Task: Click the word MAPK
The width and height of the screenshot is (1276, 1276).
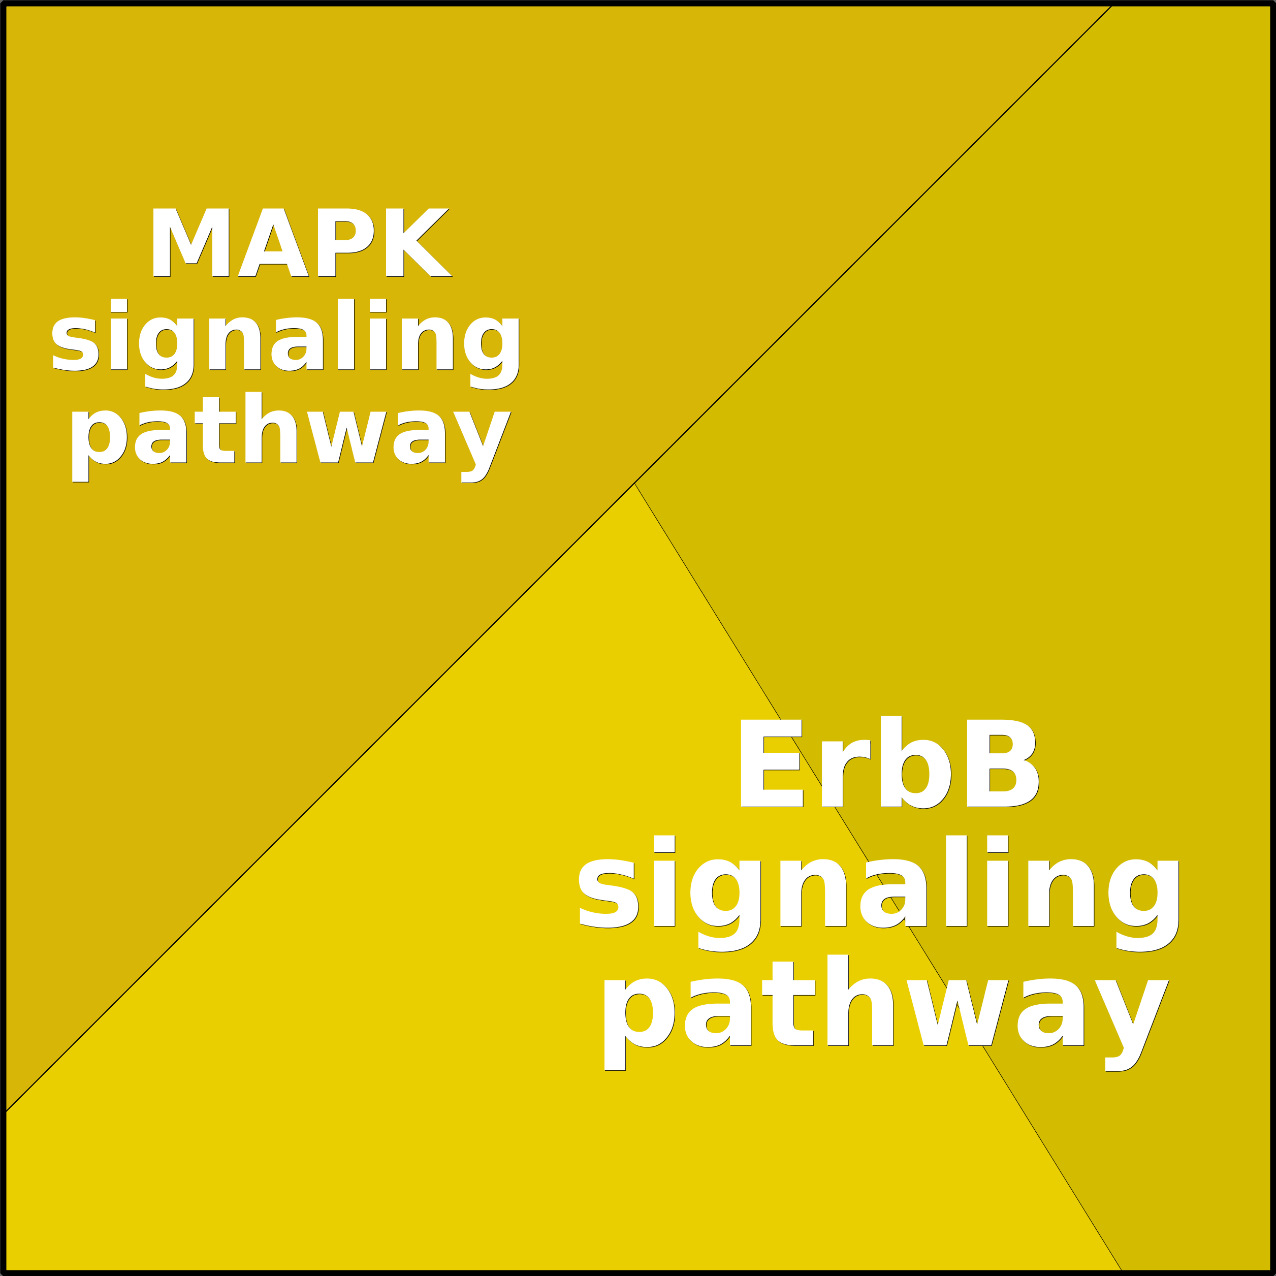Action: point(301,242)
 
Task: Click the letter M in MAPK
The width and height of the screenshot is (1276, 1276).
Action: point(191,242)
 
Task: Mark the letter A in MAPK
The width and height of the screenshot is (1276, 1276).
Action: point(273,242)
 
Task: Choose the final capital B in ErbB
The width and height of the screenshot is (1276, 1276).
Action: point(1001,763)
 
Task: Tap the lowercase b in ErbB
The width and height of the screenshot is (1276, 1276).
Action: point(915,763)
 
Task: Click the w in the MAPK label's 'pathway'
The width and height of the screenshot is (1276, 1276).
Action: point(347,437)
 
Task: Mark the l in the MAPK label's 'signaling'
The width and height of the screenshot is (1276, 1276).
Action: point(345,334)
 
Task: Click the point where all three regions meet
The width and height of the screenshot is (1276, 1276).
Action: point(634,484)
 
